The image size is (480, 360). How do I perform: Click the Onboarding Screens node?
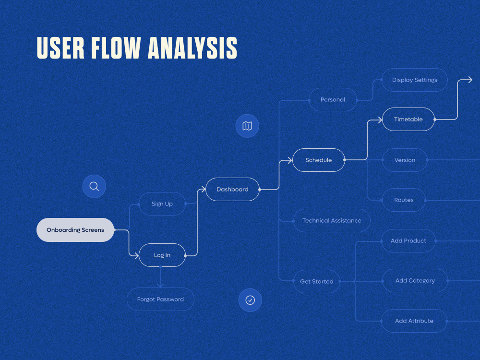point(75,230)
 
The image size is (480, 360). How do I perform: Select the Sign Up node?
point(162,204)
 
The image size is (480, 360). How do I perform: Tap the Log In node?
point(162,255)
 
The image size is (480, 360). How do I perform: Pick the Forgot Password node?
point(160,300)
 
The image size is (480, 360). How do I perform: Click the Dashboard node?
point(233,190)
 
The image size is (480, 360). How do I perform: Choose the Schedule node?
point(319,160)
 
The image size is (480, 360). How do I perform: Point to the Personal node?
point(333,100)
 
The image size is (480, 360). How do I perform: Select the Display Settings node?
point(415,80)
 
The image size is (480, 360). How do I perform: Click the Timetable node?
point(408,120)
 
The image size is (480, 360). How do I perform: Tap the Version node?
point(405,160)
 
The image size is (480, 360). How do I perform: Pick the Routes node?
point(404,200)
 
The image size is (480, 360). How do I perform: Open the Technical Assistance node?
point(332,221)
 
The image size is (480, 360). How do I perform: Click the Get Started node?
point(317,282)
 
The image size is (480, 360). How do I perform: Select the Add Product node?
point(408,241)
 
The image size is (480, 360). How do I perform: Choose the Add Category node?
point(415,281)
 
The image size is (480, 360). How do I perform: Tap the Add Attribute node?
point(414,321)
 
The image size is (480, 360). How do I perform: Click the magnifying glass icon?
point(94,186)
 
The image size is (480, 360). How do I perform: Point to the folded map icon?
point(247,126)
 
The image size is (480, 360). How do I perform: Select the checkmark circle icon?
point(250,300)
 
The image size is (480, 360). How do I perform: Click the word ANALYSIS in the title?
point(192,48)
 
